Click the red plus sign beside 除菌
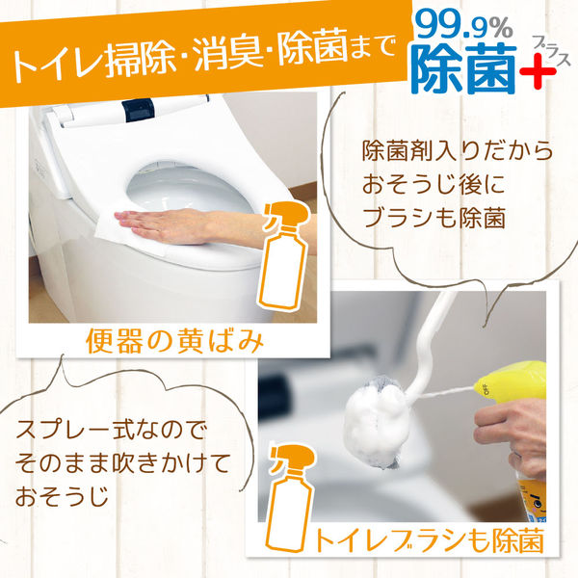click(x=538, y=71)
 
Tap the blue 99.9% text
click(x=464, y=27)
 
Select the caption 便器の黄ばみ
click(x=174, y=342)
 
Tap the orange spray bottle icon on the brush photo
click(x=291, y=498)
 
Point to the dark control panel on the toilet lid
click(x=138, y=110)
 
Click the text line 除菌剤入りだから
click(x=458, y=151)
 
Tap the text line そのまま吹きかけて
click(x=122, y=463)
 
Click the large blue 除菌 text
click(x=466, y=67)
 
